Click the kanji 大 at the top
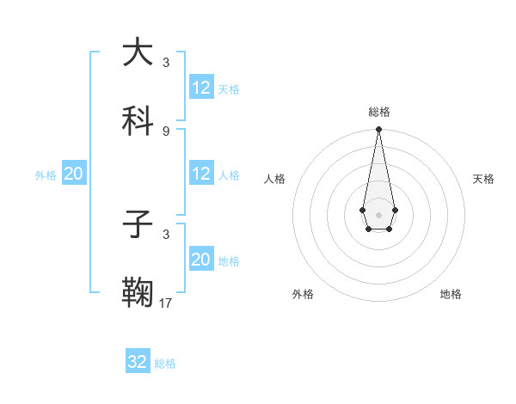click(138, 53)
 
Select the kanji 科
click(138, 121)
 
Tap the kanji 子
click(138, 225)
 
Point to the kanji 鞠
click(138, 293)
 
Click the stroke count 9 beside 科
click(166, 131)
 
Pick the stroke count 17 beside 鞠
click(166, 303)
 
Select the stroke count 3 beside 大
click(166, 63)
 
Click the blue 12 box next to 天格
click(201, 88)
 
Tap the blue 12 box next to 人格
click(201, 174)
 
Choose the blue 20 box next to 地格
click(201, 260)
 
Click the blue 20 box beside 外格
click(74, 174)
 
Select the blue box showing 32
click(138, 362)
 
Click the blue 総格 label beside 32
click(165, 364)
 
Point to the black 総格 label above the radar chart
click(378, 112)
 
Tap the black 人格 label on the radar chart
click(275, 179)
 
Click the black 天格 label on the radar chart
click(483, 179)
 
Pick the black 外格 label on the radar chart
click(303, 294)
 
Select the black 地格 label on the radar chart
click(451, 294)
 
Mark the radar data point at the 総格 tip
click(378, 130)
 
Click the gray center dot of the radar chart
click(378, 213)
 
